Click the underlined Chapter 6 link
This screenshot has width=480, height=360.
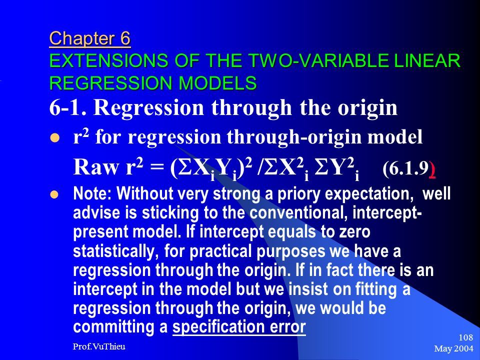pos(90,39)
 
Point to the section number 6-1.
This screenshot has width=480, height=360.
pos(68,107)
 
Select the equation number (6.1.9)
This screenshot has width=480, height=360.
pos(409,168)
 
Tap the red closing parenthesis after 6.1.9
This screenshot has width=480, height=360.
pos(432,168)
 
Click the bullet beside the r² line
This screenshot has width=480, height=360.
pos(54,138)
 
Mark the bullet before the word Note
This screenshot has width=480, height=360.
pos(54,194)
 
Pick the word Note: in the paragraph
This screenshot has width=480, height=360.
pos(93,193)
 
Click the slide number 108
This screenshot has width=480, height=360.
pos(465,337)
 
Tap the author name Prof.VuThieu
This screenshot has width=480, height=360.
pos(99,346)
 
